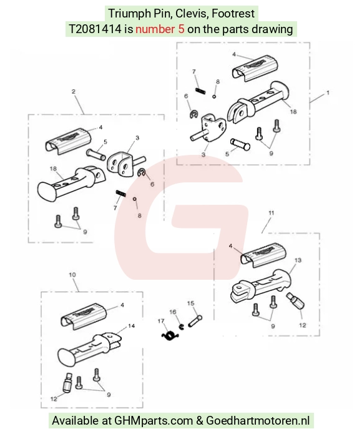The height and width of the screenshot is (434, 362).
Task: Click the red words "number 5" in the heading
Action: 160,29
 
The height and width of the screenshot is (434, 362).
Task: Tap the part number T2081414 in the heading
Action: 95,29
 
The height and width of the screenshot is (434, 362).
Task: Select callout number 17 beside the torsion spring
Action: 161,321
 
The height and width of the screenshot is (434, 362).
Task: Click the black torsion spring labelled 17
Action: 170,335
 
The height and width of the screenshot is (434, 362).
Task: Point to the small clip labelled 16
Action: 182,327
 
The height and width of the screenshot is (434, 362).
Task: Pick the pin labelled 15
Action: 195,321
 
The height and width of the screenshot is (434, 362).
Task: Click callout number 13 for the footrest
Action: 298,260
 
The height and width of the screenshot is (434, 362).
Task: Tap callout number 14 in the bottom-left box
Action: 131,326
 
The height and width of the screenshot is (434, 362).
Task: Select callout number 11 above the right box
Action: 271,213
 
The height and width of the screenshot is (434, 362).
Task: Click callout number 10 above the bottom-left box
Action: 72,275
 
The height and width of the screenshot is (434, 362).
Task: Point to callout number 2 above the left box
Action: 73,92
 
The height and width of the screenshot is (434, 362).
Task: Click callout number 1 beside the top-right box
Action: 328,92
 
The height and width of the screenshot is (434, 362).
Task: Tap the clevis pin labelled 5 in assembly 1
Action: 240,144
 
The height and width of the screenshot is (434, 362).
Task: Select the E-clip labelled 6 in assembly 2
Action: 142,173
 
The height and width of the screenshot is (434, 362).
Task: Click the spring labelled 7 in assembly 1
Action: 200,91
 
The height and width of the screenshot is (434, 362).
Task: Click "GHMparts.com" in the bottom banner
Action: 154,420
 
